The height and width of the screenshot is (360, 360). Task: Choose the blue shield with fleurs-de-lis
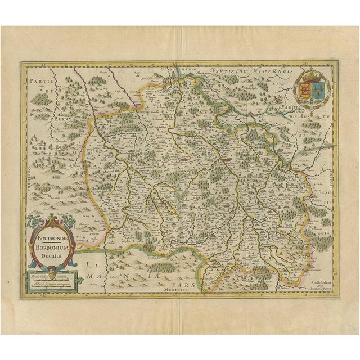click(x=318, y=89)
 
